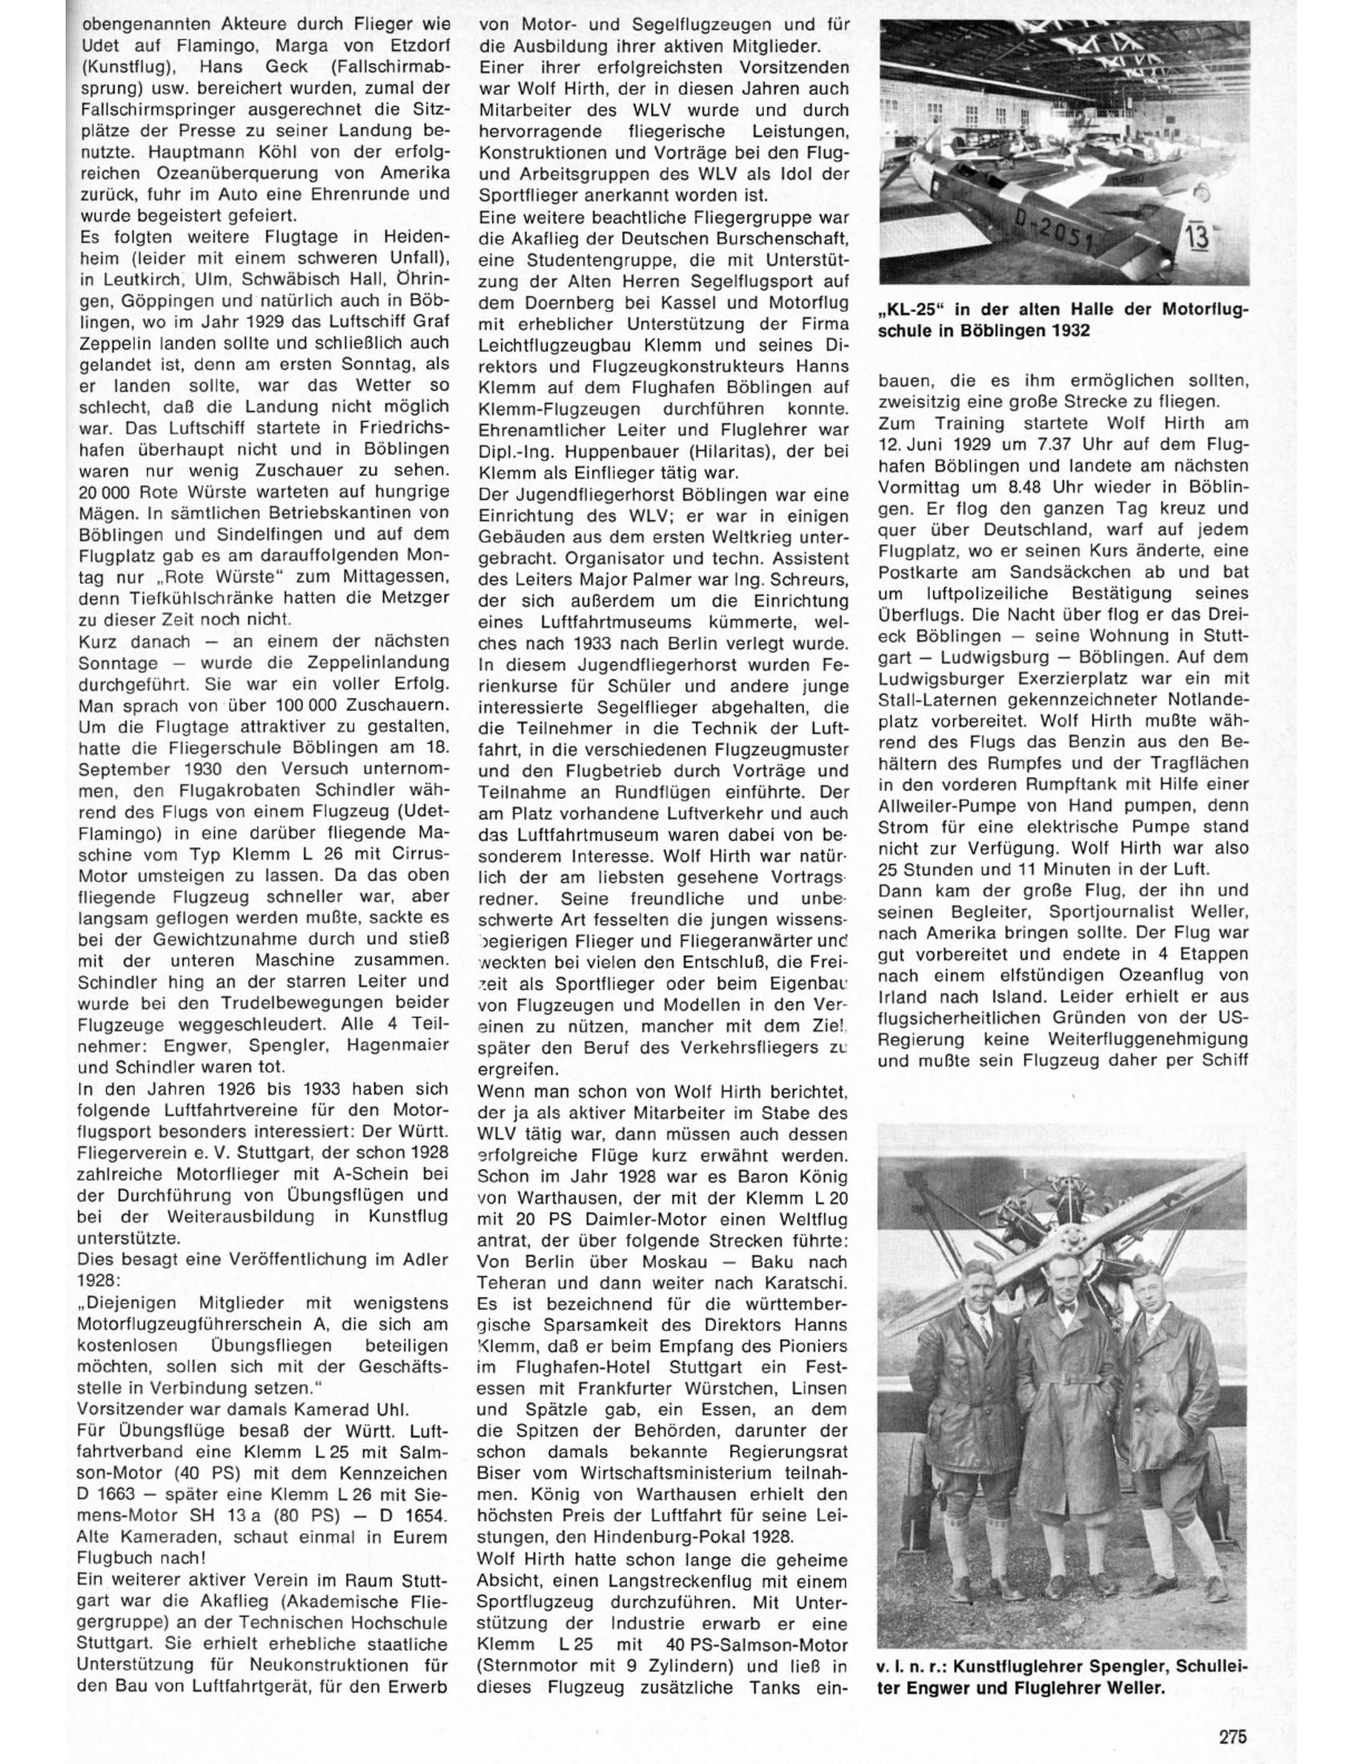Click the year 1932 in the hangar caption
click(x=1072, y=331)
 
